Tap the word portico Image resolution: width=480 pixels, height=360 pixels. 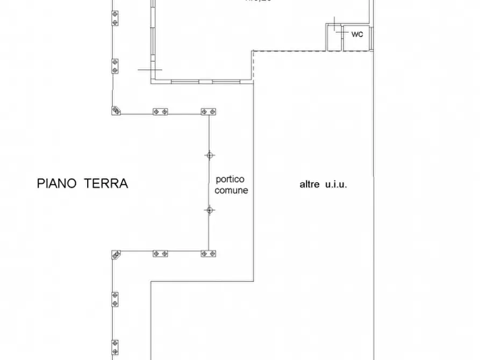click(230, 179)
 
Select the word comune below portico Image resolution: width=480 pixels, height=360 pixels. click(231, 190)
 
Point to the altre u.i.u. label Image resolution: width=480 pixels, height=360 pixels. click(323, 184)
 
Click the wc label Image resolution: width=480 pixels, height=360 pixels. click(357, 34)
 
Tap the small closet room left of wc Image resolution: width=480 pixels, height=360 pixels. click(334, 38)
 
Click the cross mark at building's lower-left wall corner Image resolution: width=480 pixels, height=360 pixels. click(150, 70)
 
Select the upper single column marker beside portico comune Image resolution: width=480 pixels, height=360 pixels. click(209, 155)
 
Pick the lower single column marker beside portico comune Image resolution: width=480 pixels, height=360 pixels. click(209, 210)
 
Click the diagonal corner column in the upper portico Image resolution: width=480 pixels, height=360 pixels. click(116, 111)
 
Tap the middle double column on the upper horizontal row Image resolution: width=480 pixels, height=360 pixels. click(160, 112)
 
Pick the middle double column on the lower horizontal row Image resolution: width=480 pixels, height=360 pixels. click(160, 254)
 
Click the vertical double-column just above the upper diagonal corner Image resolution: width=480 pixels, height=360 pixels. click(114, 67)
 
